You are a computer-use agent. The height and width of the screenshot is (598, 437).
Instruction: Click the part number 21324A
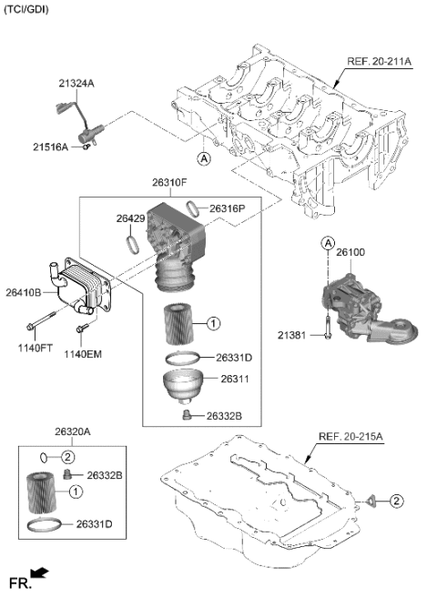76,84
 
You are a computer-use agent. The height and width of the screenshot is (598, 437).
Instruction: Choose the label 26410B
23,293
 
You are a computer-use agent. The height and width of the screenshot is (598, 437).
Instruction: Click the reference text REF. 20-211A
379,62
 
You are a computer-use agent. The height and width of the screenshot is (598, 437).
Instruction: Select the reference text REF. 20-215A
350,437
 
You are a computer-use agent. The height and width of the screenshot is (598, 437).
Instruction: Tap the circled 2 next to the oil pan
396,500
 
